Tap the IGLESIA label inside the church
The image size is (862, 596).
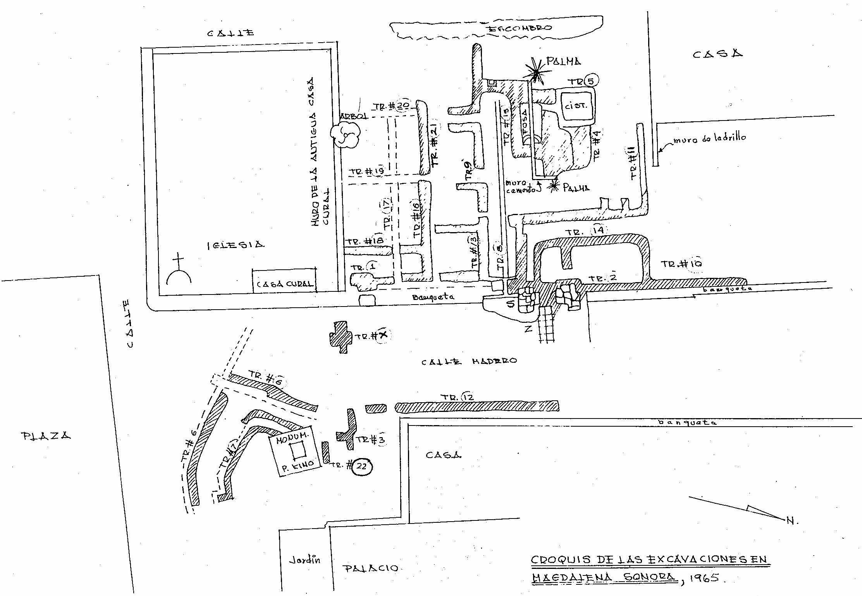click(x=236, y=245)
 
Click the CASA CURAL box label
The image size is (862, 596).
click(x=284, y=284)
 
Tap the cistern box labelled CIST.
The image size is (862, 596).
click(x=576, y=105)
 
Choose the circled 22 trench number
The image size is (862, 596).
click(x=361, y=467)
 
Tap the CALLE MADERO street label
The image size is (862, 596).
click(x=469, y=361)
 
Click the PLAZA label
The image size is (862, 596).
click(x=46, y=436)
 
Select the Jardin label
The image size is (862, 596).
click(x=305, y=560)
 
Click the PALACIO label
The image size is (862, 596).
click(x=371, y=568)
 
